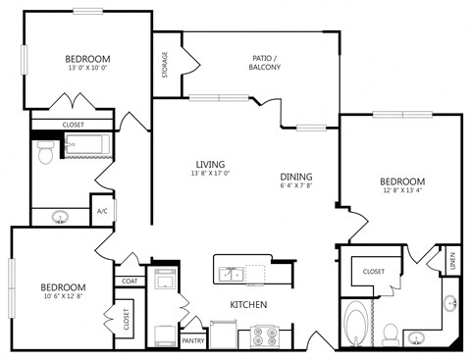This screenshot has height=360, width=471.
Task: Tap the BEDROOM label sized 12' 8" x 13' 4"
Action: (402, 181)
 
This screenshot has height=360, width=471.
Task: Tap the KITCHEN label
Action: (249, 305)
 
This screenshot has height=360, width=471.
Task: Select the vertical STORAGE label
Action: (165, 68)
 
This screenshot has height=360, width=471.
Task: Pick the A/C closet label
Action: (101, 211)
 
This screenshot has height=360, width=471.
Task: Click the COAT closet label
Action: (130, 281)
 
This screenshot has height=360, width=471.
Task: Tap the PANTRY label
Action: (193, 340)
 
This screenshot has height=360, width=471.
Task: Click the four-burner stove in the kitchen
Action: (265, 336)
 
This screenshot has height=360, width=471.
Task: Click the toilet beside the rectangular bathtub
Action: (44, 151)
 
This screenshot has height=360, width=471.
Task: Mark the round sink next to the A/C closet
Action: (60, 217)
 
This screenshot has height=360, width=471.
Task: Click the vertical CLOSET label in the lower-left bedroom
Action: (127, 318)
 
